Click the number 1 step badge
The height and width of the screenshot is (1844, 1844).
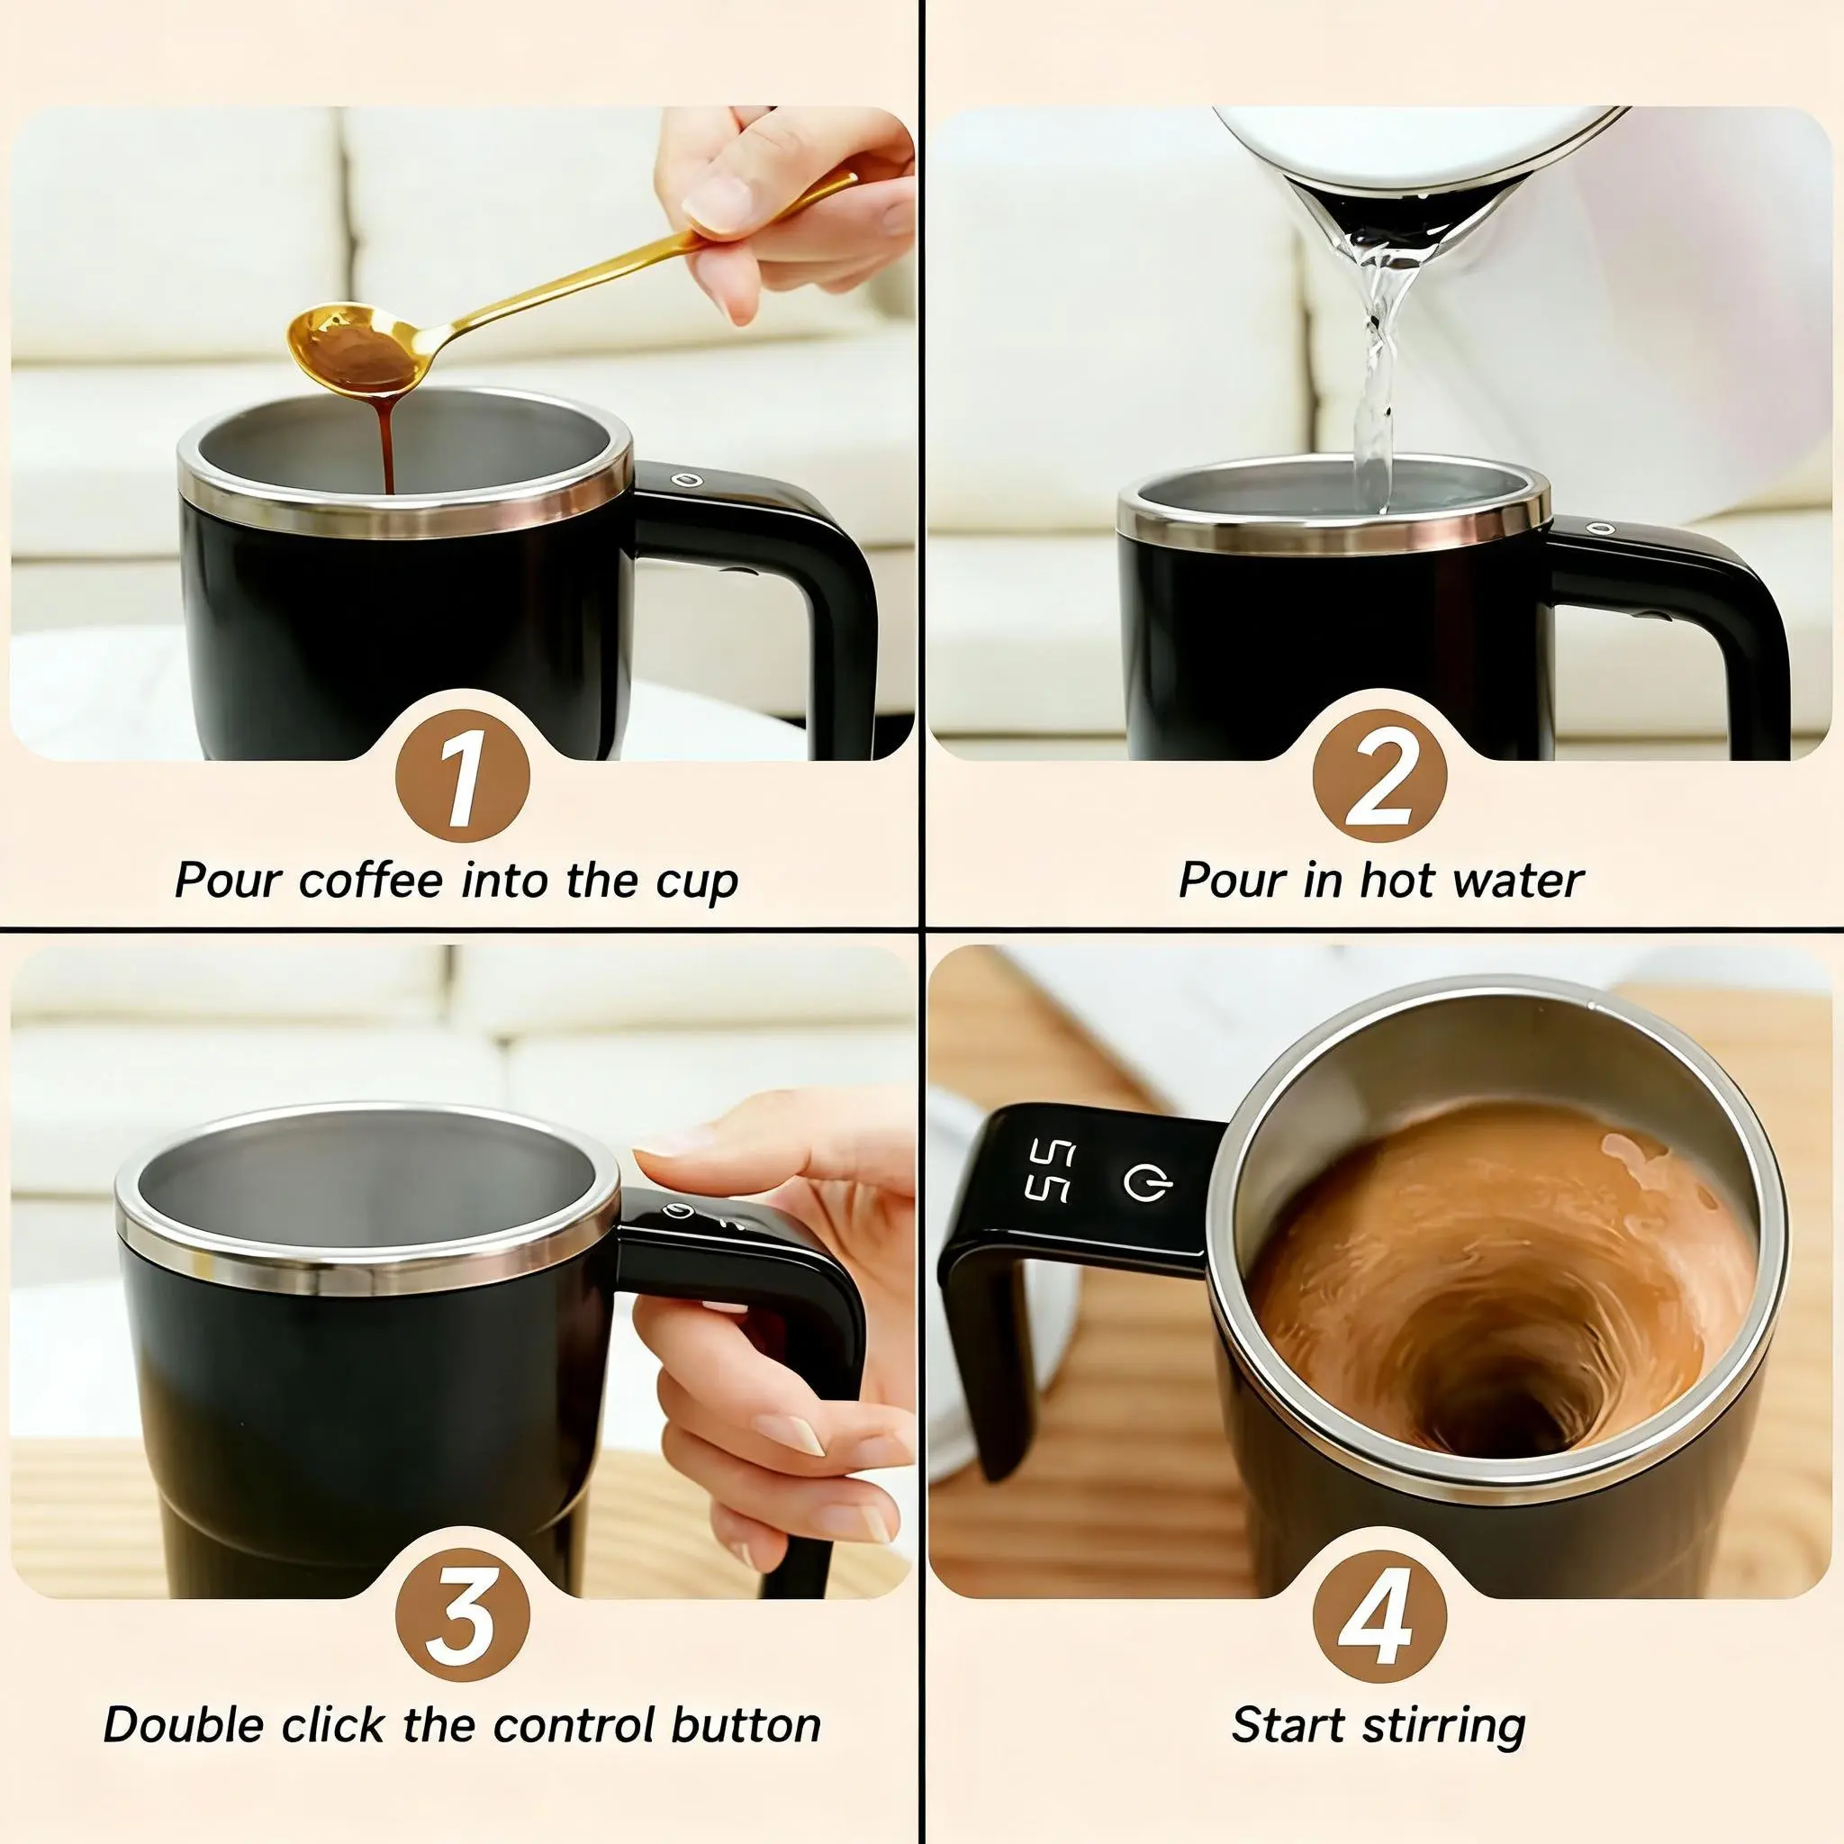tap(461, 775)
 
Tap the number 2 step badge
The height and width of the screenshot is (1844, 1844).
tap(1379, 775)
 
